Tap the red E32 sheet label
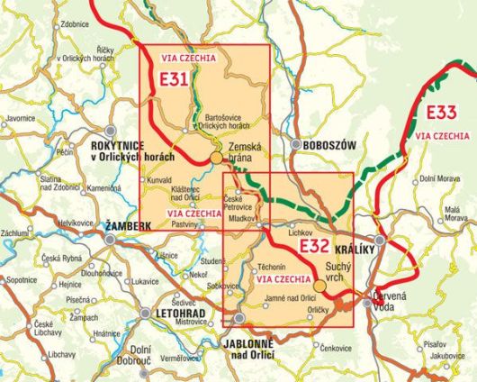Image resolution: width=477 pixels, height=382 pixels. tap(313, 247)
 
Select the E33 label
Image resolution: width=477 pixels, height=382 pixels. tap(441, 113)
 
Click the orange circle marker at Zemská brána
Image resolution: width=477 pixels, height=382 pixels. tap(216, 159)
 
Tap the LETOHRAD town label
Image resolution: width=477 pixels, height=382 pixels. tap(178, 314)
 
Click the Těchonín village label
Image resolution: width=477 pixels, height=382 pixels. tap(272, 268)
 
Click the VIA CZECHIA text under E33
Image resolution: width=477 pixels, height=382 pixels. tap(442, 135)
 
